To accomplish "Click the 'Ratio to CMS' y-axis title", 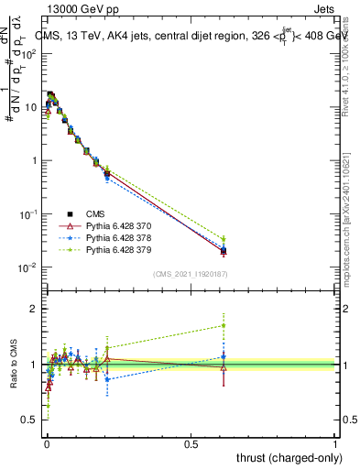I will point(13,364).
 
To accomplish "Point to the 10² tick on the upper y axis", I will point(31,53).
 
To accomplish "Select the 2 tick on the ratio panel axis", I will point(35,309).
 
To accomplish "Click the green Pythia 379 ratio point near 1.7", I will point(224,325).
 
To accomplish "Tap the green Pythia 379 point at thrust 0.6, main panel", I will point(224,239).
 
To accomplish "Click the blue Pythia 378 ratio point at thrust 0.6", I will point(224,357).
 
